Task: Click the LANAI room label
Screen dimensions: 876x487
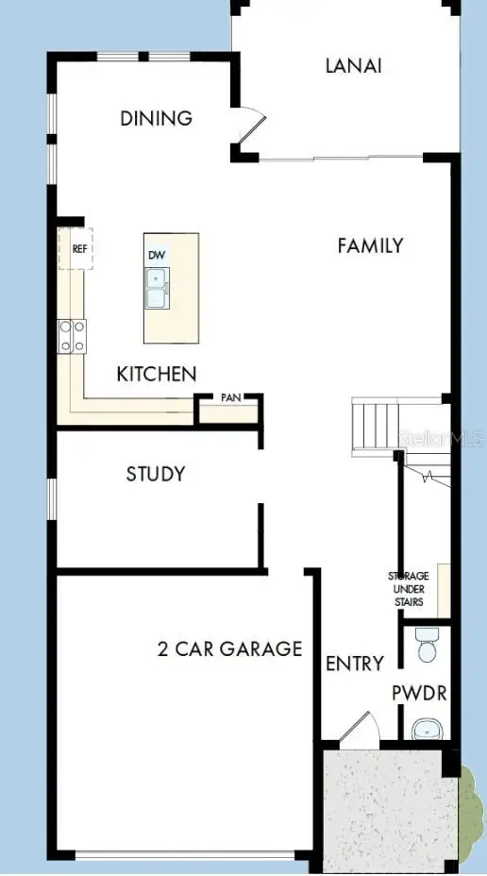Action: (353, 66)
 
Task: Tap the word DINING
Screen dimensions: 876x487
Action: (157, 119)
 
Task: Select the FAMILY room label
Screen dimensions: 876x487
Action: (370, 245)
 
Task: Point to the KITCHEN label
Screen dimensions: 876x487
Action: (157, 374)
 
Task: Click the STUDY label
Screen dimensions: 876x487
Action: (156, 474)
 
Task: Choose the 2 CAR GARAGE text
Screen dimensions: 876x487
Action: (229, 649)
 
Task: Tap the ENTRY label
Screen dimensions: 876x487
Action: (354, 664)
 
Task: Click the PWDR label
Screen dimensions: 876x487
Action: (420, 694)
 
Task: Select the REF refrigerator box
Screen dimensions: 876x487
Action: (78, 249)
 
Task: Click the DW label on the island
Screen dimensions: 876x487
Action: (156, 256)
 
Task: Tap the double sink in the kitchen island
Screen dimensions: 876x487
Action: (157, 287)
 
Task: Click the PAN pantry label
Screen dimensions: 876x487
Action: (230, 398)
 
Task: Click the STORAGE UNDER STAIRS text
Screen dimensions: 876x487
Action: (409, 589)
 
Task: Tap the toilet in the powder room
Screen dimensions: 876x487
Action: (427, 648)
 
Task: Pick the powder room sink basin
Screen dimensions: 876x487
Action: (428, 729)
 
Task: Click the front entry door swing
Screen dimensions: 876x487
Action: (360, 728)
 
